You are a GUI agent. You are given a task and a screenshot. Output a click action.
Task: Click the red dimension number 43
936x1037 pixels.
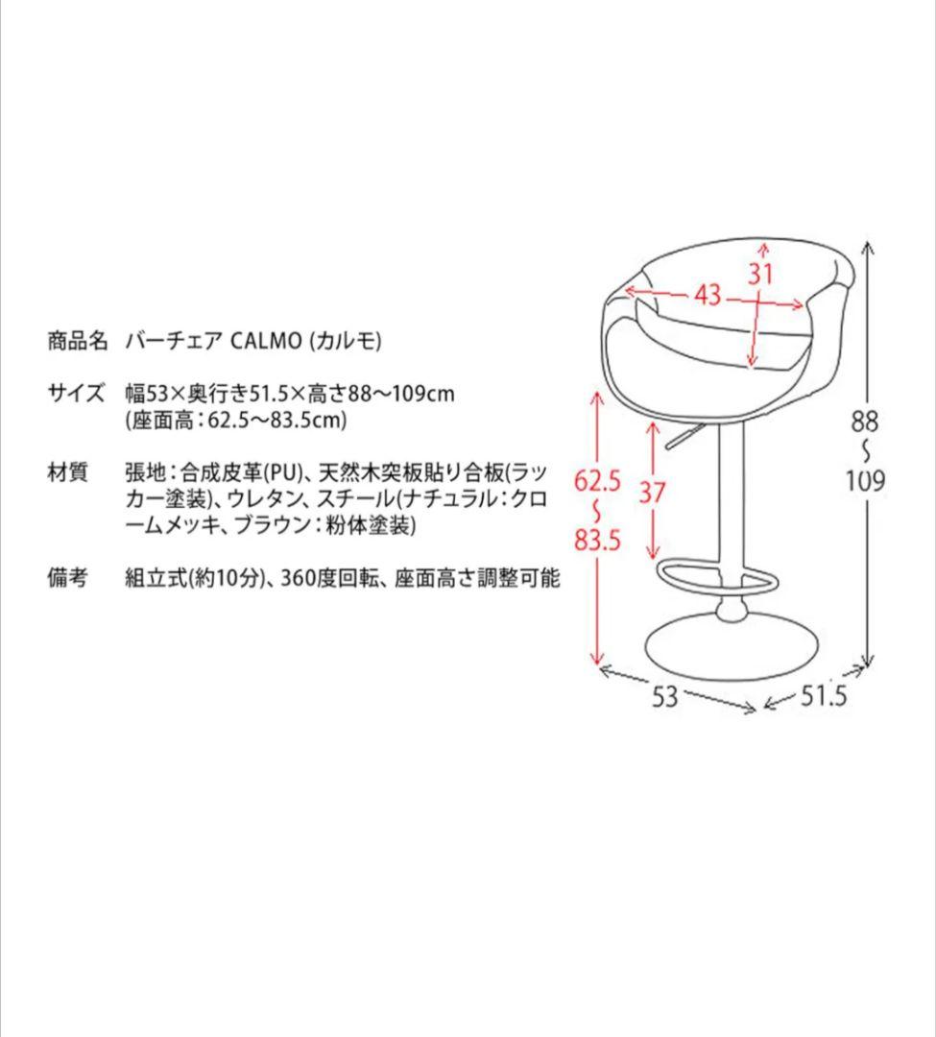click(708, 295)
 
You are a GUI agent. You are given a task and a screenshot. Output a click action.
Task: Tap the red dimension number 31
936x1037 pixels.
click(760, 274)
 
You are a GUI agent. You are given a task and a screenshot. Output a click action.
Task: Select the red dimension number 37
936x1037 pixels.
click(652, 492)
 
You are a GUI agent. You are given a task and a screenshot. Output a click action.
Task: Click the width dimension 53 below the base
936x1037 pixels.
click(664, 696)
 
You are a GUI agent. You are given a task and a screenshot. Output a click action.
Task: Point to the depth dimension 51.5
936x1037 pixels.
click(824, 696)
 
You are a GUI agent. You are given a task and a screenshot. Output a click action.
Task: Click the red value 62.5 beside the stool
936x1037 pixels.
click(597, 480)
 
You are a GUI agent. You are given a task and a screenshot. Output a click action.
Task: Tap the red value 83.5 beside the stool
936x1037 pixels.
click(597, 541)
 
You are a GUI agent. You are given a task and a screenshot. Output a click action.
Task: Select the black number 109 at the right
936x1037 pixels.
click(865, 480)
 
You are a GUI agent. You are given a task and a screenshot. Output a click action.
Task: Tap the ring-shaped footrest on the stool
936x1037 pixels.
click(718, 576)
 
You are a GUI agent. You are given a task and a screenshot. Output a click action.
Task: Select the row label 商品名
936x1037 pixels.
click(79, 342)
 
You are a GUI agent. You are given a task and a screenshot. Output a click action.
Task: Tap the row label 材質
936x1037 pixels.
click(67, 472)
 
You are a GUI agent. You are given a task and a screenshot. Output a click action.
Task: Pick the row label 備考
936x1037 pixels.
click(67, 578)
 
